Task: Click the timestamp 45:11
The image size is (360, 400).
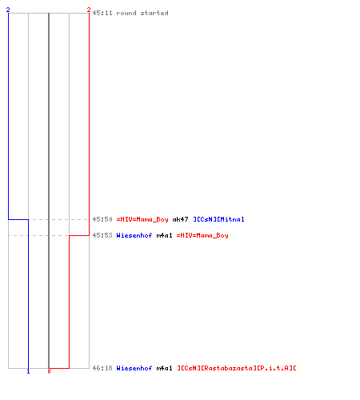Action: (x=102, y=13)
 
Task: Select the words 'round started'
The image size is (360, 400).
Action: (x=142, y=13)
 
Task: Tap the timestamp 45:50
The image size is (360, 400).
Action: (x=102, y=219)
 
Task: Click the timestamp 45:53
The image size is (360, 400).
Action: (x=102, y=235)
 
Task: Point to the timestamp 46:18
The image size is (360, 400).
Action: (x=102, y=368)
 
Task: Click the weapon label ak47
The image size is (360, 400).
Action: (x=181, y=219)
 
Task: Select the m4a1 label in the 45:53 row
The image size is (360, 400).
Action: (x=165, y=235)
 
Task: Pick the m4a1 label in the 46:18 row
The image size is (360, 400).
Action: (x=165, y=368)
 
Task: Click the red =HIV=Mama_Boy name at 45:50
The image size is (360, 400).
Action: (x=142, y=219)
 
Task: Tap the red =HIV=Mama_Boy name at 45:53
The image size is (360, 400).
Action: (x=202, y=235)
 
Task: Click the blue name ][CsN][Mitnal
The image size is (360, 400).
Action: (x=218, y=219)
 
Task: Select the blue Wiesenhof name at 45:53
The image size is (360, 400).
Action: (x=134, y=235)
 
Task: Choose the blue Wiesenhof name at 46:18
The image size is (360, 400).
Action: (x=134, y=368)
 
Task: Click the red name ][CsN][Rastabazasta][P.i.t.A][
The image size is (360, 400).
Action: (x=237, y=368)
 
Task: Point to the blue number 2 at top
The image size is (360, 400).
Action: (x=8, y=10)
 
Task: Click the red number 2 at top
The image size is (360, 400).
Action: (x=89, y=10)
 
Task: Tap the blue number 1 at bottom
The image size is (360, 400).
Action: (x=28, y=371)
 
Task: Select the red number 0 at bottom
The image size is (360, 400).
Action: (x=49, y=371)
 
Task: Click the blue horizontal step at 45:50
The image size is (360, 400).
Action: (x=18, y=219)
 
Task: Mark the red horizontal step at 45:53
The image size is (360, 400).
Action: (x=79, y=235)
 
